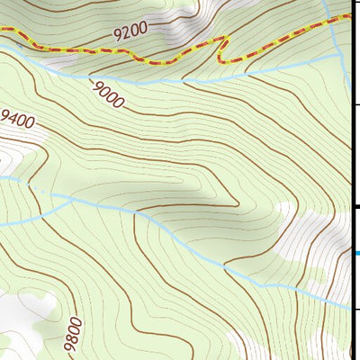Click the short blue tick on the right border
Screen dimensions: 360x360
pyautogui.click(x=356, y=253)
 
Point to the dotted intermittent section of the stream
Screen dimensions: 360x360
pyautogui.click(x=40, y=189)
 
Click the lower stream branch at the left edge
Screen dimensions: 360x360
pyautogui.click(x=3, y=222)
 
